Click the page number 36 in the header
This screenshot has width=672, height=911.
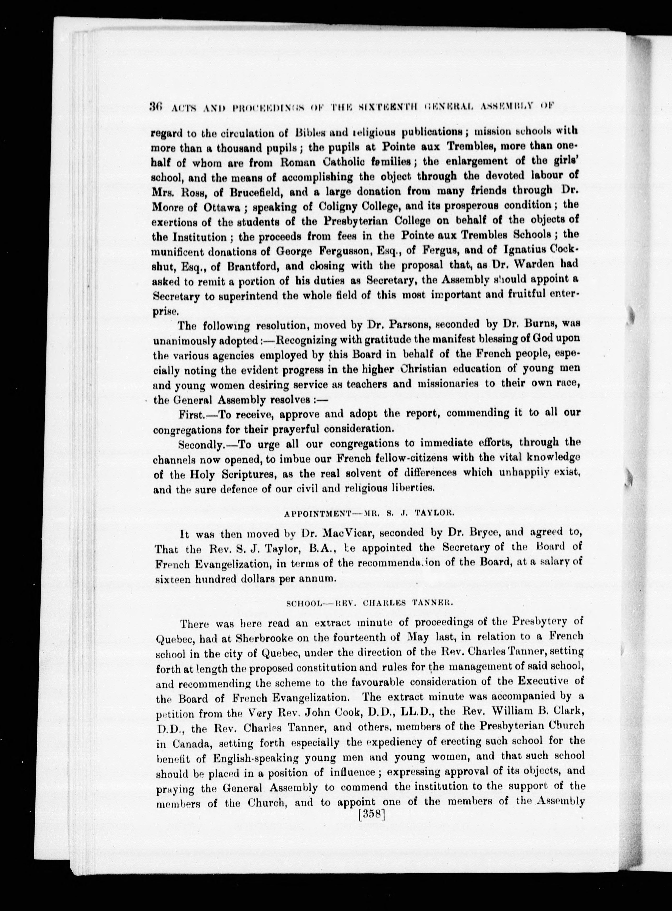click(x=156, y=106)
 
